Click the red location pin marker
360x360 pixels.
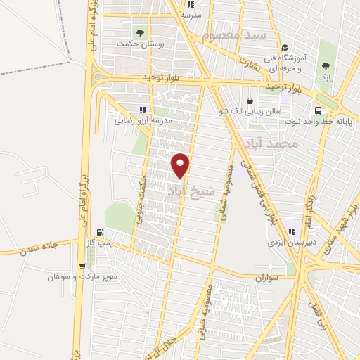(181, 165)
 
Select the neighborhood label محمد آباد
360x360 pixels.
(294, 145)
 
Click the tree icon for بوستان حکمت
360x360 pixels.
(139, 32)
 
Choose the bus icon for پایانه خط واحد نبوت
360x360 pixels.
(319, 111)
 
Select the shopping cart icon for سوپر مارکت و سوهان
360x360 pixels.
(83, 266)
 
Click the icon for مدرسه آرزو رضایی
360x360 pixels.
(143, 110)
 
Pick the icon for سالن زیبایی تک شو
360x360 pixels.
(250, 101)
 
